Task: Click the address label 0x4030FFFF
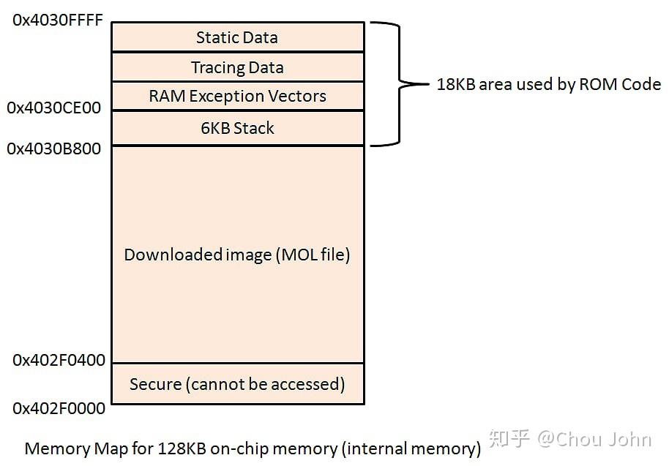58,20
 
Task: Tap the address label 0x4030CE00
54,108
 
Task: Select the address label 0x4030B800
54,149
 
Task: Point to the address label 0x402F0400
59,360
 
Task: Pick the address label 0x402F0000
59,408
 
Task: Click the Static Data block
237,37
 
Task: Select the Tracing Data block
237,67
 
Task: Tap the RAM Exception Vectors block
237,96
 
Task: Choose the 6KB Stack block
237,128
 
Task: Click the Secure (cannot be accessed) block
237,384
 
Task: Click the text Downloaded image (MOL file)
237,255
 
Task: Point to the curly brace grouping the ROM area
399,84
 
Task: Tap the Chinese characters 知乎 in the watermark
509,439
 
